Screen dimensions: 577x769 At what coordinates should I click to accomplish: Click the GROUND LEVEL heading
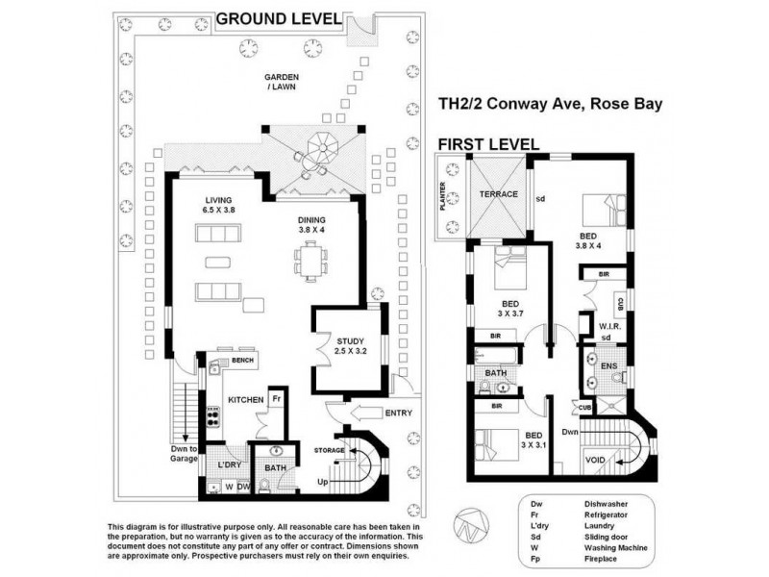click(x=279, y=17)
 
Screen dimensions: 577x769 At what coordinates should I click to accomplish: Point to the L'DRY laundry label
click(x=228, y=464)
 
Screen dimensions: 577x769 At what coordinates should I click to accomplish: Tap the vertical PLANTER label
click(x=444, y=198)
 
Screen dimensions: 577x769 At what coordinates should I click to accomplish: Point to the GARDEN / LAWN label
click(x=284, y=85)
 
